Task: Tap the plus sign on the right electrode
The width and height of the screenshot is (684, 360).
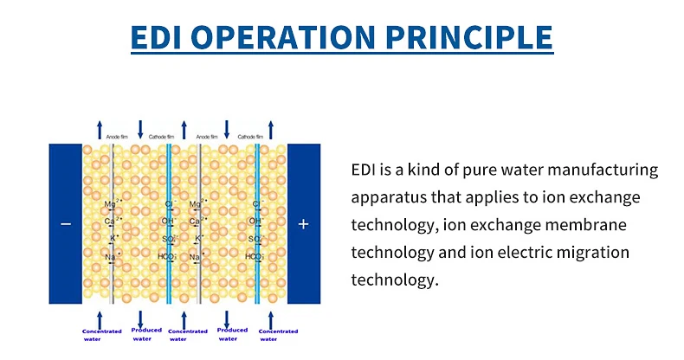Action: click(303, 224)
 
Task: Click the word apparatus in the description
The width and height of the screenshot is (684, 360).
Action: click(390, 196)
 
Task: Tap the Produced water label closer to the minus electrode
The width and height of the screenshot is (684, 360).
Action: click(146, 333)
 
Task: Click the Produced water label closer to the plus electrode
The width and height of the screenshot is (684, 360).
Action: click(232, 333)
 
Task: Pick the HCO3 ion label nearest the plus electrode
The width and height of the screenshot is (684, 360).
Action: click(254, 257)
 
